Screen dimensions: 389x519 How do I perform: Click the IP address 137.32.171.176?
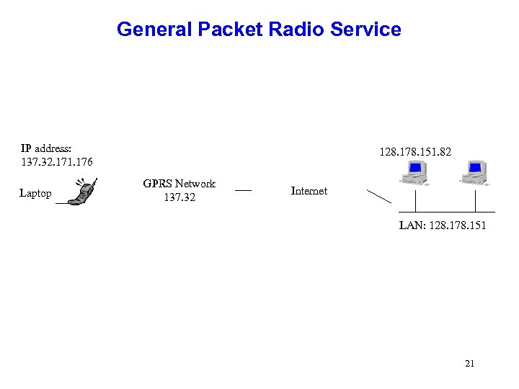(x=57, y=161)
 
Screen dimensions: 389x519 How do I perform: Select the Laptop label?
(x=35, y=193)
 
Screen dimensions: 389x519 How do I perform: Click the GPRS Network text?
(x=179, y=184)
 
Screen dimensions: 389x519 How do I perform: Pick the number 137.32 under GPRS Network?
(x=179, y=197)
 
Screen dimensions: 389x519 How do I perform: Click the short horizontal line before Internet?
(x=244, y=191)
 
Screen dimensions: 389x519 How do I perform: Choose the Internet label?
(x=309, y=191)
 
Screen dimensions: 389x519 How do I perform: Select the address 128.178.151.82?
(x=415, y=153)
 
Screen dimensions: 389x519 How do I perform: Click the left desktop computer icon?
(x=414, y=173)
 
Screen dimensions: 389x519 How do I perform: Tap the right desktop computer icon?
(x=475, y=173)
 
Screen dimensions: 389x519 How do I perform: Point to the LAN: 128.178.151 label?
(x=443, y=225)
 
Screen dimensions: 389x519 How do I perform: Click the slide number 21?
(x=469, y=364)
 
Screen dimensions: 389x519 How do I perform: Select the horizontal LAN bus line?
(x=447, y=212)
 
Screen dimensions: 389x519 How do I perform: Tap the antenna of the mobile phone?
(x=94, y=182)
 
